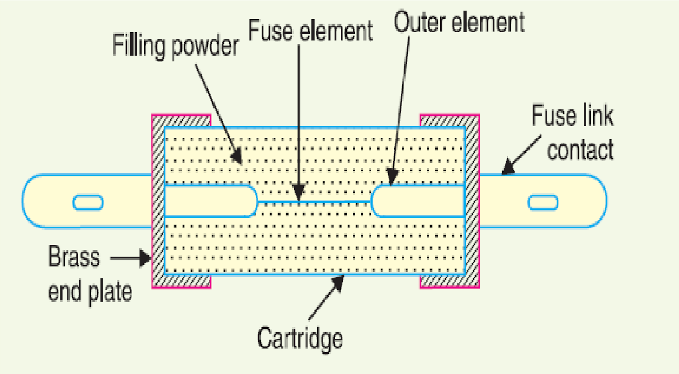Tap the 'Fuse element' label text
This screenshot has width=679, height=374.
(310, 30)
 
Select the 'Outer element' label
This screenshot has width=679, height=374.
(459, 22)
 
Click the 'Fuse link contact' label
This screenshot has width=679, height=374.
(572, 132)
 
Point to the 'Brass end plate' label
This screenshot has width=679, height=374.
(90, 274)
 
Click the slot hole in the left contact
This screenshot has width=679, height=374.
(88, 202)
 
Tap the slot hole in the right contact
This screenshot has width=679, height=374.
(543, 202)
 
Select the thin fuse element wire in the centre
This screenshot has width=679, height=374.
(314, 201)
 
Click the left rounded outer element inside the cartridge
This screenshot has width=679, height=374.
(211, 201)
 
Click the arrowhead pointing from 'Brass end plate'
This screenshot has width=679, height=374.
(145, 258)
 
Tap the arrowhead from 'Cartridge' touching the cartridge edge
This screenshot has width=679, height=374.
(338, 283)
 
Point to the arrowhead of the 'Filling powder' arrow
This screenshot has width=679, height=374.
(236, 156)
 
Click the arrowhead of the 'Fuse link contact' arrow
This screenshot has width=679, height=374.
(508, 167)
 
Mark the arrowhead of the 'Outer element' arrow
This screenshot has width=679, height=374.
(393, 177)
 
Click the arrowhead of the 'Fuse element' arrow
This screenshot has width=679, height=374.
(299, 193)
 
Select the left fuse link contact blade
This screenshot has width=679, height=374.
(87, 201)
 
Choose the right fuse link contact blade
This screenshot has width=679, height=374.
(543, 201)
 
